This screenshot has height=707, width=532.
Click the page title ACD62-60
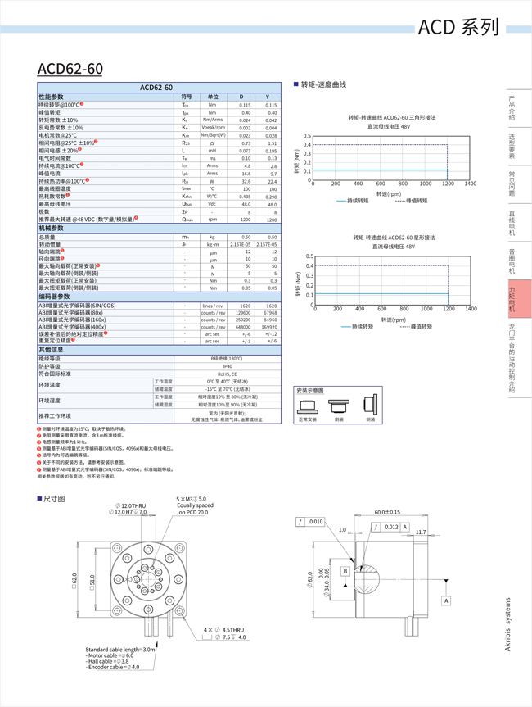tap(70, 69)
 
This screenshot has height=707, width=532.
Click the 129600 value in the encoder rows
tap(243, 312)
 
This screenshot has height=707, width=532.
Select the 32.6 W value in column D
tap(245, 181)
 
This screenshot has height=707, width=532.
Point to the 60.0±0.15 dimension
tap(387, 512)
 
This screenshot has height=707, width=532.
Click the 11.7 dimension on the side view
tap(421, 533)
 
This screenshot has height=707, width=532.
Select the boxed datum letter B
tap(345, 571)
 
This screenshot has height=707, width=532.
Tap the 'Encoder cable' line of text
tap(113, 667)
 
